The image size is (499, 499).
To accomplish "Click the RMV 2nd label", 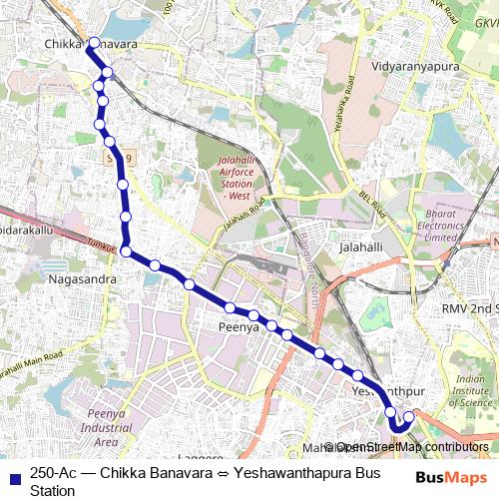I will coord(470,309).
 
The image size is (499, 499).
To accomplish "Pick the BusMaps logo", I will coord(444,477).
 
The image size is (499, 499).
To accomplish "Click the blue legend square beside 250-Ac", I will coord(14,476).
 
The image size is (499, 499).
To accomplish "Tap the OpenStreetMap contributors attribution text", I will coord(412,447).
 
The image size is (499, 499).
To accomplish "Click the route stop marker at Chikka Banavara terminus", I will coord(92,44).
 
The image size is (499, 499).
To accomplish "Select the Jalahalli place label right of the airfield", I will coord(360,247).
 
